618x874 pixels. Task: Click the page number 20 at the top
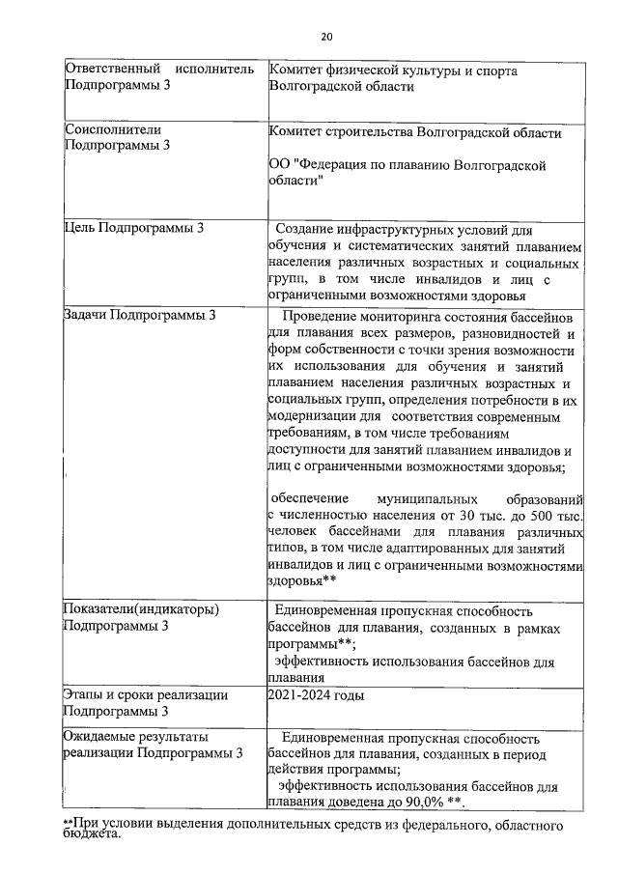click(x=325, y=37)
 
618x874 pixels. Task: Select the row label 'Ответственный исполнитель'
click(x=158, y=70)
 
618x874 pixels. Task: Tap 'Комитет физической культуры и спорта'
click(x=393, y=70)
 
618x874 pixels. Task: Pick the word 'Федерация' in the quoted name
click(x=339, y=165)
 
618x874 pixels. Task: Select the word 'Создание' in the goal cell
click(x=305, y=230)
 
